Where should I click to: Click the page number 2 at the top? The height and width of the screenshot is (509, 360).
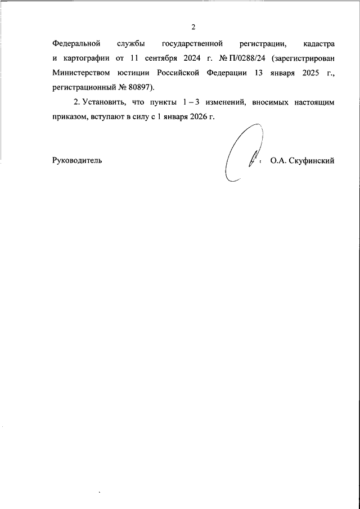point(193,27)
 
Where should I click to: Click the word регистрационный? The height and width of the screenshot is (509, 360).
point(84,88)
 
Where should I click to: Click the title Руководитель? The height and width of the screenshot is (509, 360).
point(77,160)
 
